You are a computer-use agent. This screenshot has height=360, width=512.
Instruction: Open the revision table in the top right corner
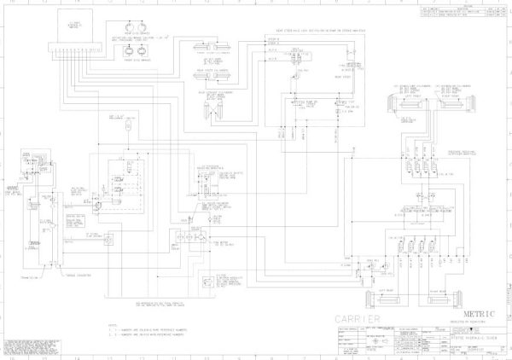466,9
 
